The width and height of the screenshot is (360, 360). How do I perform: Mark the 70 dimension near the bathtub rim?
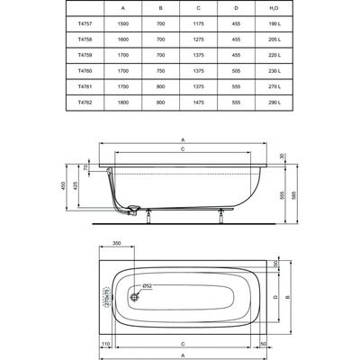coord(86,167)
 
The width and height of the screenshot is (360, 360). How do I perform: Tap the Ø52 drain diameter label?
coord(148,286)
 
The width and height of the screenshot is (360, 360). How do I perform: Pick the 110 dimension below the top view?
coord(105,344)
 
